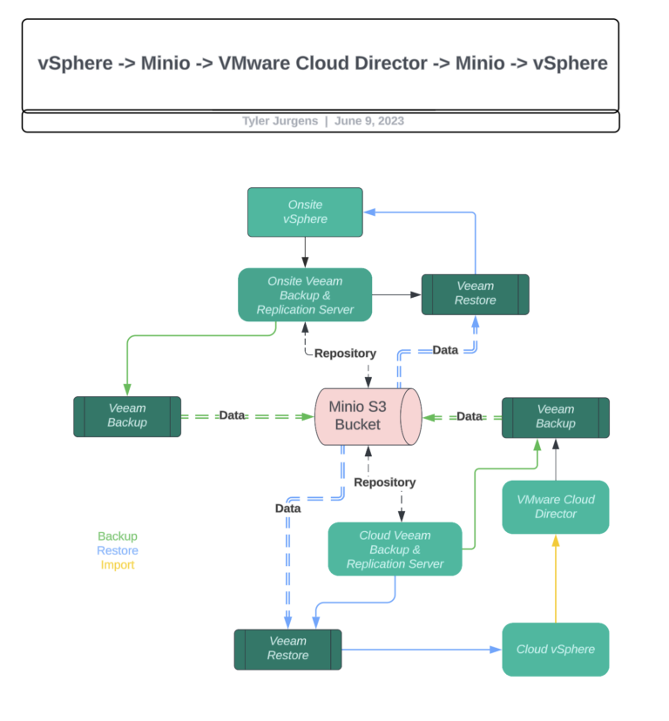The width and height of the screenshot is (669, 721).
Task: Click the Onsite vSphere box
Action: tap(305, 212)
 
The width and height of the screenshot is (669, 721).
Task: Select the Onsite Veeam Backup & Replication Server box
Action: tap(305, 295)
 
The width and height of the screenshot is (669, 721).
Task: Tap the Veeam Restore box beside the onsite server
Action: tap(475, 293)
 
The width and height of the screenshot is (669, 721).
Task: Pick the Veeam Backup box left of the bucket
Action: tap(127, 415)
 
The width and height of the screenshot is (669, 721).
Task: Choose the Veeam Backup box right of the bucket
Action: tap(555, 416)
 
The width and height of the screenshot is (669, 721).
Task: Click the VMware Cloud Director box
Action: tap(555, 507)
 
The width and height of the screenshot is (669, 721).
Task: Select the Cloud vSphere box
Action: tap(555, 649)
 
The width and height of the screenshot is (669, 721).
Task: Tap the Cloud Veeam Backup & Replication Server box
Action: tap(395, 549)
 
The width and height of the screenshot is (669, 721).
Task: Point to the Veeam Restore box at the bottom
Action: tap(287, 649)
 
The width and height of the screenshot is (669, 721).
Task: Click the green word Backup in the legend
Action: tap(118, 536)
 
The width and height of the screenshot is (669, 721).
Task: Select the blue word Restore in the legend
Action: tap(118, 550)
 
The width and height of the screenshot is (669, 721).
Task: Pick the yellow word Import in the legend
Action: tap(118, 564)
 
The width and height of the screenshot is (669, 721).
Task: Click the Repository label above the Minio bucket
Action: tap(345, 354)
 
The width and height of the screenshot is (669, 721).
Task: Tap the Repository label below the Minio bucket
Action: tap(384, 482)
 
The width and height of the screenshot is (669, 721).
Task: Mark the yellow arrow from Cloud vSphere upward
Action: tap(555, 578)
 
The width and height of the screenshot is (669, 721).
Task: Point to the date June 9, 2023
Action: tap(369, 121)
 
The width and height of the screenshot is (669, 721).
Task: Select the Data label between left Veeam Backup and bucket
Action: tap(232, 415)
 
